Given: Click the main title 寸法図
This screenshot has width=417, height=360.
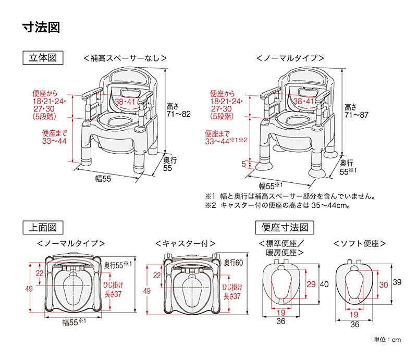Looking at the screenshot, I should coord(41,27).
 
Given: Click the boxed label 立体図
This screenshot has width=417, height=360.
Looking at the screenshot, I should coord(43,57).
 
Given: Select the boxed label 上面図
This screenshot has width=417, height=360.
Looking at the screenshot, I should coord(43,227).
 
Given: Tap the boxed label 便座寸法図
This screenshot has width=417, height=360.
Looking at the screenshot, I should coord(284,227).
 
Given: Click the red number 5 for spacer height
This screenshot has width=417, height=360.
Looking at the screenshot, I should coord(243,164).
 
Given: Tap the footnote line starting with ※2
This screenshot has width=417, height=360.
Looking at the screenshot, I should coord(277,205).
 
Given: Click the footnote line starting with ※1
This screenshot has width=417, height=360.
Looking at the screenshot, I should coord(290,196).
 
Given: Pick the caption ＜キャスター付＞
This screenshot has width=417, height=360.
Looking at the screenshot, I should coord(186,243).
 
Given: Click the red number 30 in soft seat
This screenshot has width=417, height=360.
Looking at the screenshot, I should coord(383,284).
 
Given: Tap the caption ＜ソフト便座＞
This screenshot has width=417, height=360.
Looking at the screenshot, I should coord(360,243).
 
